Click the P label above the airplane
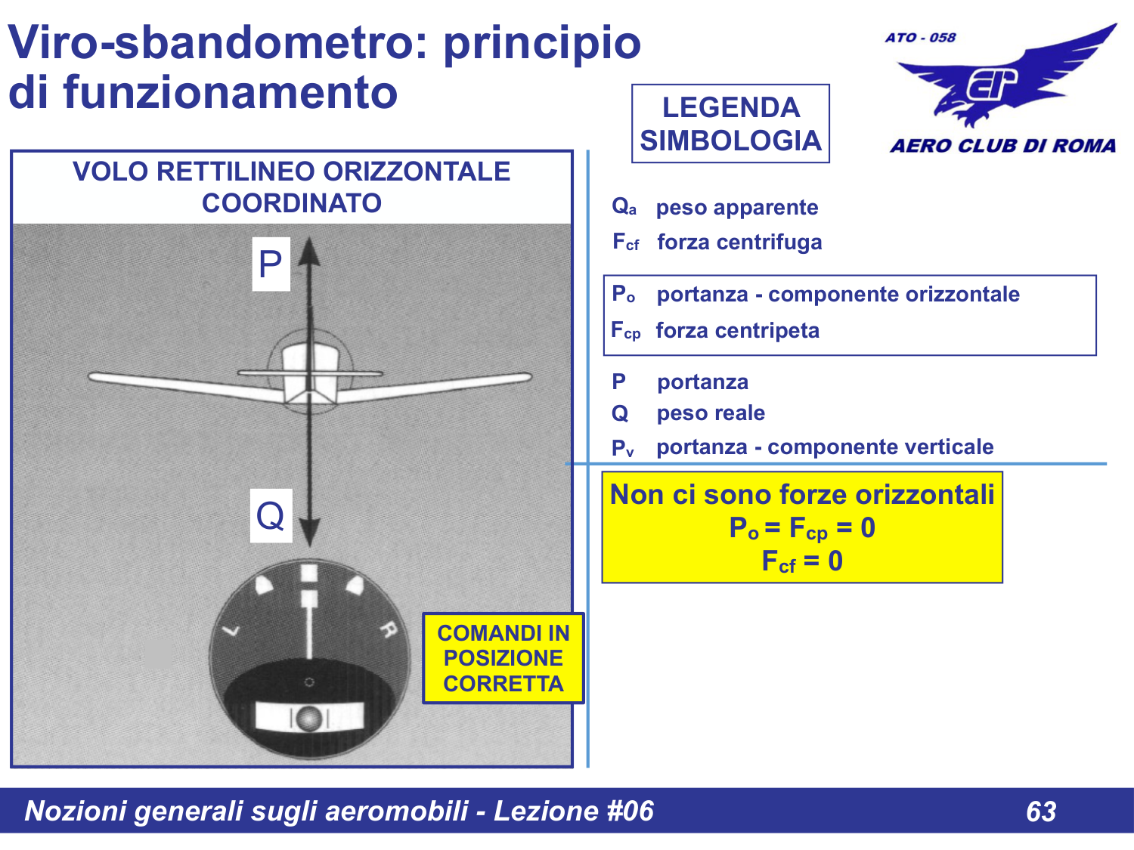pos(271,264)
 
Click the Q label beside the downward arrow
pos(271,516)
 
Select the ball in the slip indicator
pos(308,718)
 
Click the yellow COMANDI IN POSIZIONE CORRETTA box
pos(503,658)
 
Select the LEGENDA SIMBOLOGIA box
pos(730,124)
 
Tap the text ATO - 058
pos(920,38)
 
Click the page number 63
pos(1041,811)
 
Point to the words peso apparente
pos(737,208)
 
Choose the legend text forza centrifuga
pos(739,243)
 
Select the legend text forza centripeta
pos(737,331)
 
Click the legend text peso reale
pos(711,413)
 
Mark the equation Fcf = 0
pos(801,561)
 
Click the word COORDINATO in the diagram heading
pos(292,203)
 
